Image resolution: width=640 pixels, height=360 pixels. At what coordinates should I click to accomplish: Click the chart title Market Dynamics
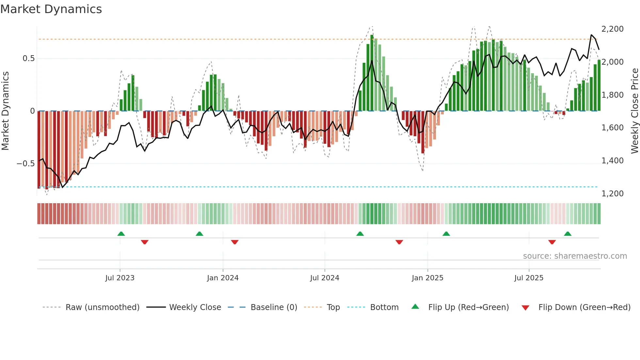point(51,9)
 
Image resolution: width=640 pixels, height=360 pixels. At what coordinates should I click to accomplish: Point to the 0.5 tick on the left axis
point(28,58)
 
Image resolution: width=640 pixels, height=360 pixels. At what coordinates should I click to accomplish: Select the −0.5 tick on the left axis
point(26,163)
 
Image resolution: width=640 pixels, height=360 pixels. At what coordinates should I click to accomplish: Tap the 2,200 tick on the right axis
point(612,29)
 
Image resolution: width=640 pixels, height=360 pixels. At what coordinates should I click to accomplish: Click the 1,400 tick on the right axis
point(612,161)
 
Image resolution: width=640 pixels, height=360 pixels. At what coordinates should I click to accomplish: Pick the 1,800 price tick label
point(612,95)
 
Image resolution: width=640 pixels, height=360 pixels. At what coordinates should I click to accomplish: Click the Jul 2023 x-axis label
point(120,278)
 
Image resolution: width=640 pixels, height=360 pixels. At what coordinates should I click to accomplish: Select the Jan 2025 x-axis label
point(427,278)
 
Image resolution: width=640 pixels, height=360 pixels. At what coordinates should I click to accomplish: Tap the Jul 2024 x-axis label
point(325,278)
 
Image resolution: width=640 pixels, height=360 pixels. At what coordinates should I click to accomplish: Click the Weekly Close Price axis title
point(634,111)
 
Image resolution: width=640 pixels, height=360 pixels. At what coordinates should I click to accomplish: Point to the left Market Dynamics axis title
point(5,111)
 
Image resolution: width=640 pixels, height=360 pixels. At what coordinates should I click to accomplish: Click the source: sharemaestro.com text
point(575,256)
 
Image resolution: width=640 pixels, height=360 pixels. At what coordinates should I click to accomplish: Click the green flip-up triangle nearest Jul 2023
point(121,234)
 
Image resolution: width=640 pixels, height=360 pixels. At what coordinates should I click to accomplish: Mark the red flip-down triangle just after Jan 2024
point(235,242)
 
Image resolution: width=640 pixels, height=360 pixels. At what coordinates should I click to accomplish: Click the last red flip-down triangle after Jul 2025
point(552,242)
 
